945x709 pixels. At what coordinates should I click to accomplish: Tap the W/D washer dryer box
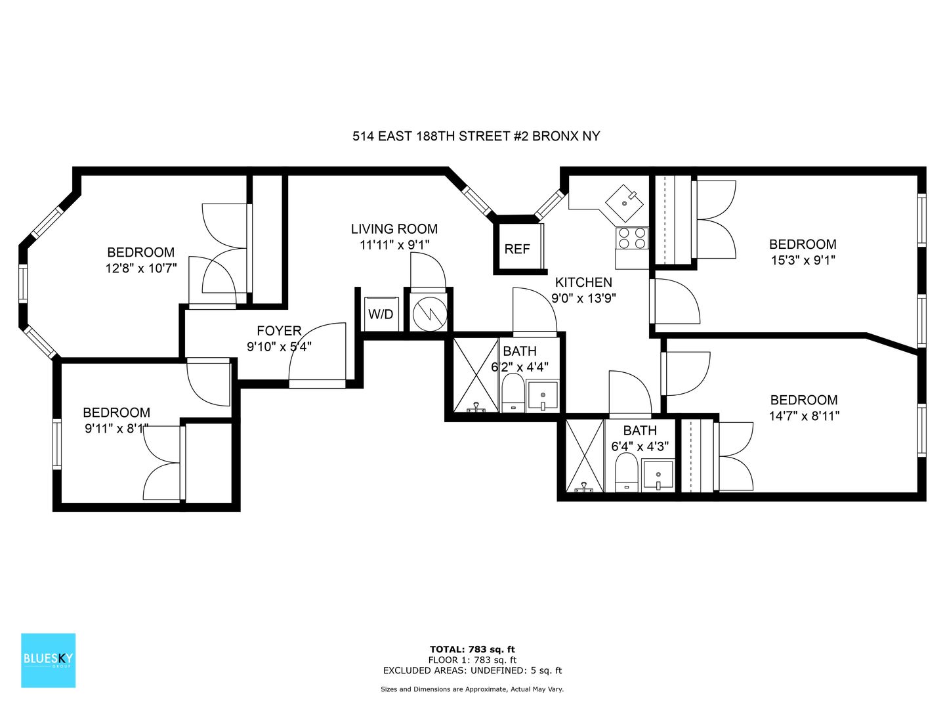pyautogui.click(x=381, y=314)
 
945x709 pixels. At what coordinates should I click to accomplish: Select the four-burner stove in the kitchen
pyautogui.click(x=632, y=238)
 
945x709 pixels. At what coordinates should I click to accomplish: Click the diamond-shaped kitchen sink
pyautogui.click(x=625, y=203)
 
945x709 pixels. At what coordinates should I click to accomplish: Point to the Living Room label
pyautogui.click(x=394, y=228)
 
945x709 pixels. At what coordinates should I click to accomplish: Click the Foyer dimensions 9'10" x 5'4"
pyautogui.click(x=279, y=347)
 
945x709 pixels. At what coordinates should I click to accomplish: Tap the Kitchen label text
pyautogui.click(x=583, y=282)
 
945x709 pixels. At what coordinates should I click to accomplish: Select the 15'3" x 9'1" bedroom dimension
pyautogui.click(x=803, y=260)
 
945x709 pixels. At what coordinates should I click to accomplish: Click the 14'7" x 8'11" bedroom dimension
pyautogui.click(x=804, y=416)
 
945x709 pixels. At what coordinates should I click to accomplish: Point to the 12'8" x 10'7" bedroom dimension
pyautogui.click(x=141, y=269)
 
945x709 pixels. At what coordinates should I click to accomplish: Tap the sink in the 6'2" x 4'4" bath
pyautogui.click(x=543, y=396)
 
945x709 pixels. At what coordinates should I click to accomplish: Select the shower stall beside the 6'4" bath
pyautogui.click(x=585, y=456)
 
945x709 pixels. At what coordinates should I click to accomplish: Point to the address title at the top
pyautogui.click(x=476, y=136)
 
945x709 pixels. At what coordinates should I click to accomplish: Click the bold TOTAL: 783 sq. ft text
pyautogui.click(x=472, y=649)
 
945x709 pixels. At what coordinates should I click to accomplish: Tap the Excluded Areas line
pyautogui.click(x=472, y=670)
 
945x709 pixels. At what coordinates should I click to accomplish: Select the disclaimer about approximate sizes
pyautogui.click(x=472, y=689)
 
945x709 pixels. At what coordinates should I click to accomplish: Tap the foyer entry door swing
pyautogui.click(x=318, y=353)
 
